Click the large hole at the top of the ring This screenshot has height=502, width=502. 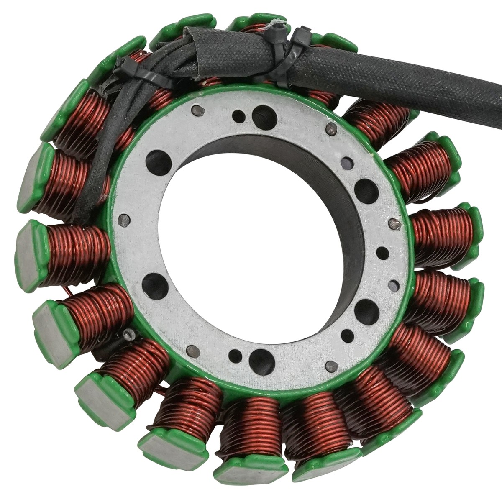[262, 113]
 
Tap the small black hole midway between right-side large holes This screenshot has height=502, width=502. [382, 252]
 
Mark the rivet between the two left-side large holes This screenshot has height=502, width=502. [124, 221]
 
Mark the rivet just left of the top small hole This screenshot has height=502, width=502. [199, 110]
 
